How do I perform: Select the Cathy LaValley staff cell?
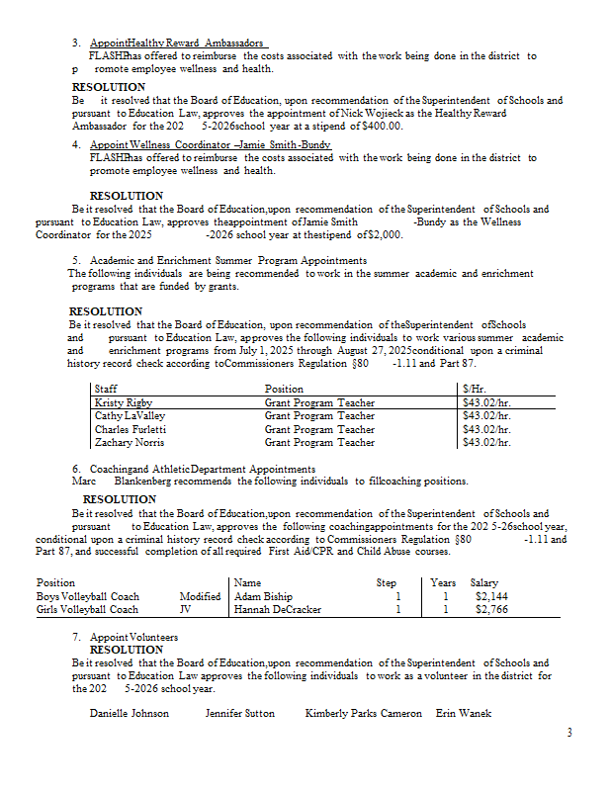[x=123, y=416]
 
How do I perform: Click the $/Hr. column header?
[x=476, y=390]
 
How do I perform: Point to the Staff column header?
[x=106, y=390]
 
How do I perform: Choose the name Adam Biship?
[x=263, y=597]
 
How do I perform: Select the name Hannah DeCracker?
[x=278, y=610]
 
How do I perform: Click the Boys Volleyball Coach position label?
[x=87, y=597]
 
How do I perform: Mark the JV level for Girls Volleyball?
[x=185, y=610]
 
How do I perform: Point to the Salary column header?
[x=483, y=583]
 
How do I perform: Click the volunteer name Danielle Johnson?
[x=130, y=713]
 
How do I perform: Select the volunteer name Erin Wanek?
[x=463, y=713]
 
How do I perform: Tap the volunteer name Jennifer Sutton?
[x=240, y=713]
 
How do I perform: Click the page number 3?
[x=569, y=733]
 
